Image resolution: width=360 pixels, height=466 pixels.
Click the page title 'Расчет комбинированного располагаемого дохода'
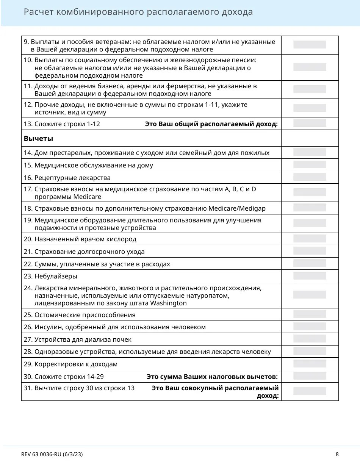(138, 12)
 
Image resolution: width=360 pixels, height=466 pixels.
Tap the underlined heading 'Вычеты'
(38, 139)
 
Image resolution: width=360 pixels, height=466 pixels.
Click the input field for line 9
(310, 45)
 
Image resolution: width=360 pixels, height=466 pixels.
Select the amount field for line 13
(310, 123)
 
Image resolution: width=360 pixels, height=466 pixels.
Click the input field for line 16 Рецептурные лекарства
(310, 177)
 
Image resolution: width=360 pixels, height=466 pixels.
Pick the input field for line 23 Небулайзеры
(310, 276)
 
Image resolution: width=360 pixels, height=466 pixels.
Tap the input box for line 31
(310, 391)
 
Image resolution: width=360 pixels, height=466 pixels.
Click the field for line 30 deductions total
(310, 376)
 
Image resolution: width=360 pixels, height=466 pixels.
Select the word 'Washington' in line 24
(169, 303)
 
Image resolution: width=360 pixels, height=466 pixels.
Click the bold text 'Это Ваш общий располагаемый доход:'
(211, 124)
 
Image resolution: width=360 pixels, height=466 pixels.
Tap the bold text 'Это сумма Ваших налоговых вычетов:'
(212, 377)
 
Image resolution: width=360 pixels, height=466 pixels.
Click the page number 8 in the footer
(337, 454)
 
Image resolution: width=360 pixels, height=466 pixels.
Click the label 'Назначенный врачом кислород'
(85, 239)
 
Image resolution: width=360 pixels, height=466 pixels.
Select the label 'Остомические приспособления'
(85, 315)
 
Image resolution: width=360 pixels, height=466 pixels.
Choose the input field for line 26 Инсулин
(310, 327)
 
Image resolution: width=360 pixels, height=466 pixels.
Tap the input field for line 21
(310, 251)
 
